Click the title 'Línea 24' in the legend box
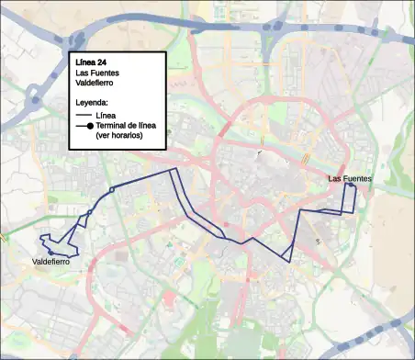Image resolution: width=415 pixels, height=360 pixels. pos(95,62)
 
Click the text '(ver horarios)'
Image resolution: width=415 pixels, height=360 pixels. pos(119,136)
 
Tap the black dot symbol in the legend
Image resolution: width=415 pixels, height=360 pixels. pos(89,127)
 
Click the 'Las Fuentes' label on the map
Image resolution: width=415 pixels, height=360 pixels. pos(350,178)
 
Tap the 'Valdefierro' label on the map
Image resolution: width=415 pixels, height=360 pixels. pos(51,263)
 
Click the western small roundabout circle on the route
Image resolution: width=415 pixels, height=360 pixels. pos(89,214)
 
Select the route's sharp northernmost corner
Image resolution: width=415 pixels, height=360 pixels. pos(172,170)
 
